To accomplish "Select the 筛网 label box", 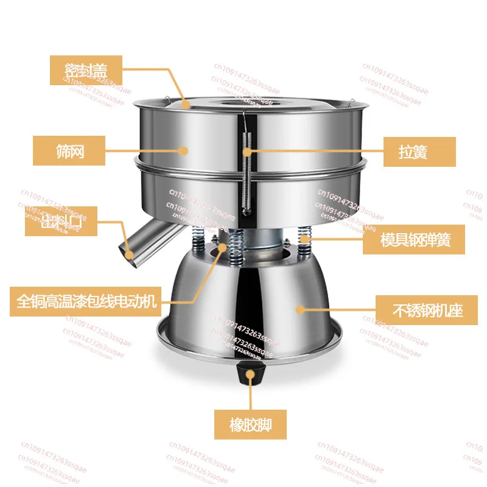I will tap(69, 150).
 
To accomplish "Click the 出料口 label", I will tap(61, 223).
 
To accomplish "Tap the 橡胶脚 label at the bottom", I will tap(250, 423).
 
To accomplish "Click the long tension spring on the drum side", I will tap(245, 177).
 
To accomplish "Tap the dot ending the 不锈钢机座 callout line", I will tap(300, 310).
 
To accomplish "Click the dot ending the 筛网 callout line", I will tap(181, 150).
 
